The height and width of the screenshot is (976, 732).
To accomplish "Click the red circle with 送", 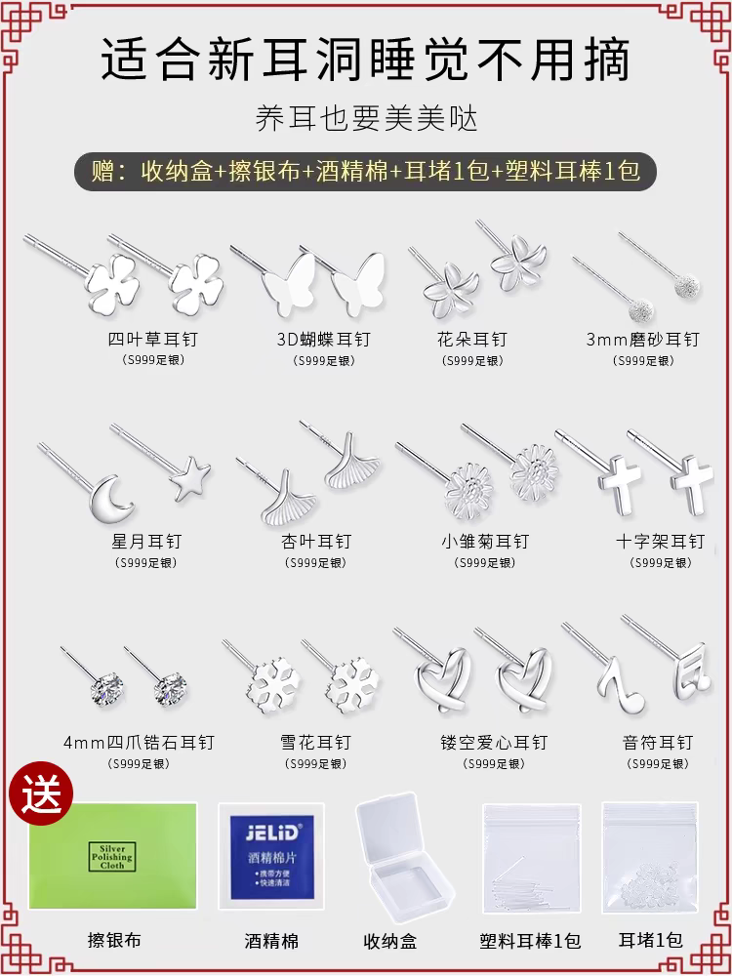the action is [41, 793].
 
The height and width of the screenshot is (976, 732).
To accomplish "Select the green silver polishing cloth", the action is [112, 855].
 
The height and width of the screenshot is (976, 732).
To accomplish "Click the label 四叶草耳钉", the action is [152, 340].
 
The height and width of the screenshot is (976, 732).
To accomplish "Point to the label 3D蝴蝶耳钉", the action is [324, 340].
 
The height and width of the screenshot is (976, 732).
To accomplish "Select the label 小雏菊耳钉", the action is [485, 542].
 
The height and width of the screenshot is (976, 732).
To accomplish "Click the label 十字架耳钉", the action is [661, 542].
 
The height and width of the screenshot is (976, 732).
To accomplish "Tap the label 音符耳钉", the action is [658, 743].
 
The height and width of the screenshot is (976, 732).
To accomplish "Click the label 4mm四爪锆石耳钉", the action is [139, 743].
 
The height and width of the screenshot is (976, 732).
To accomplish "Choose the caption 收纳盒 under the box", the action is [390, 942].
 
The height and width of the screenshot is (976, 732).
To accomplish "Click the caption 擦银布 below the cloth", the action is [115, 940].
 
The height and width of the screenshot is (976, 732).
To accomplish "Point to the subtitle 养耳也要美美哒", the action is [366, 119].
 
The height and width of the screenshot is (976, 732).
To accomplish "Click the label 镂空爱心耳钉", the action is [494, 743].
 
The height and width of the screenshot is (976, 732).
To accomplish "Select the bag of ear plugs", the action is [650, 857].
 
